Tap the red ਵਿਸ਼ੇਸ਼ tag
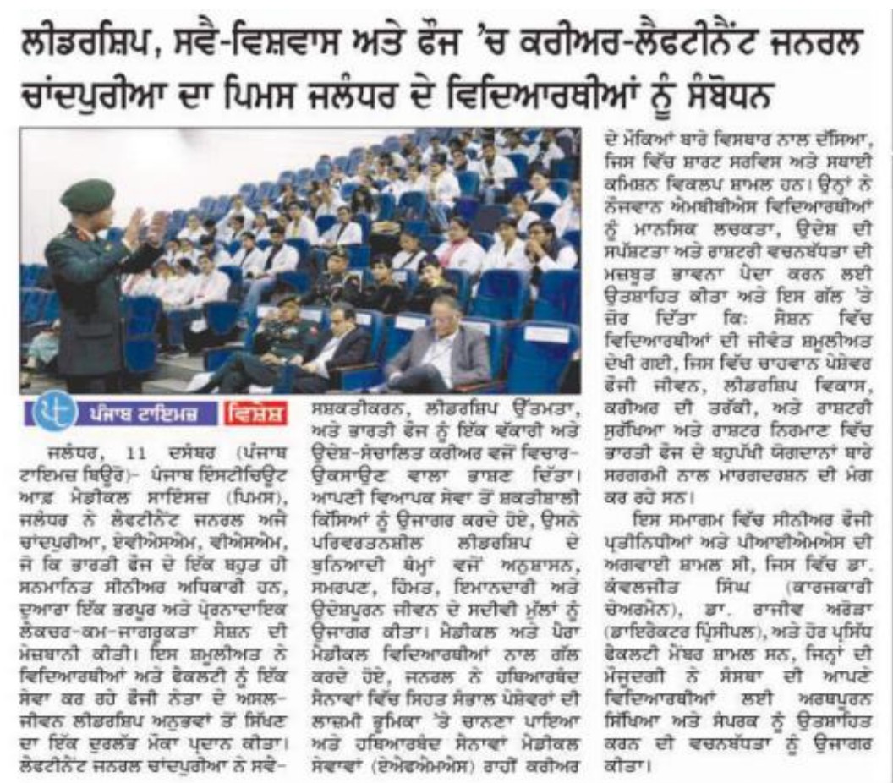[x=255, y=414]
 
